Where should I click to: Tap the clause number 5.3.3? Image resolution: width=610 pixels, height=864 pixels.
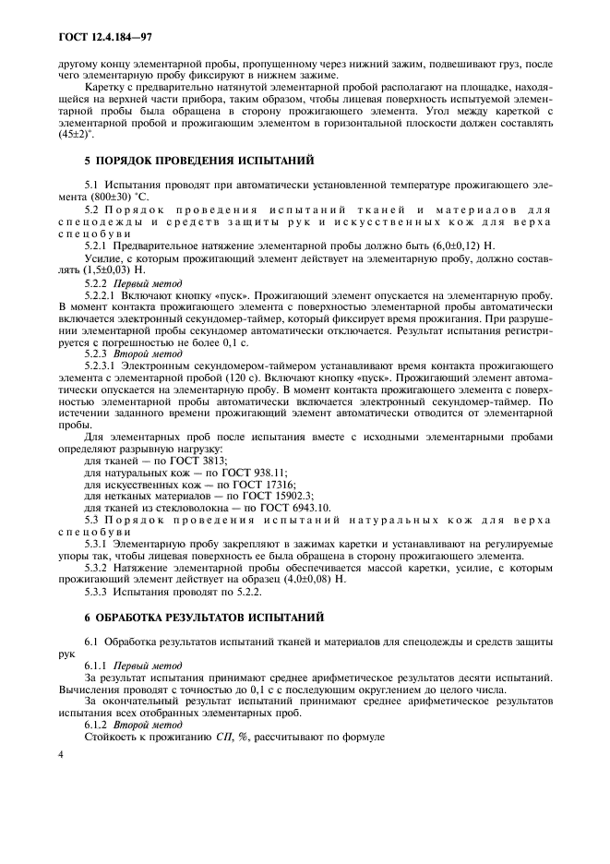coord(97,591)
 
